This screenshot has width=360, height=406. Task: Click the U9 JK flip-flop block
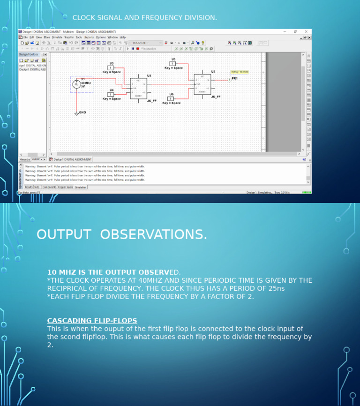pyautogui.click(x=202, y=84)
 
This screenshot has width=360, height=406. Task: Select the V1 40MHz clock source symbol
pyautogui.click(x=76, y=84)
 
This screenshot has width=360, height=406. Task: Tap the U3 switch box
pyautogui.click(x=111, y=68)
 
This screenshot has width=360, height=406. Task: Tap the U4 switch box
pyautogui.click(x=111, y=94)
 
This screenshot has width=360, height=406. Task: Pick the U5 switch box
pyautogui.click(x=172, y=63)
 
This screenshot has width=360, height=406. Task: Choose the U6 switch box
pyautogui.click(x=171, y=98)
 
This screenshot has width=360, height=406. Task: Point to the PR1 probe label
pyautogui.click(x=234, y=78)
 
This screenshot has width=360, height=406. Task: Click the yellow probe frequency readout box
pyautogui.click(x=240, y=72)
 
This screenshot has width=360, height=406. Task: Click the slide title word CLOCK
pyautogui.click(x=84, y=18)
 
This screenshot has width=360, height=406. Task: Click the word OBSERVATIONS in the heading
pyautogui.click(x=153, y=234)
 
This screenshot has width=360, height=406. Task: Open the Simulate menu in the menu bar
pyautogui.click(x=56, y=37)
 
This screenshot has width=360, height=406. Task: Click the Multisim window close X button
pyautogui.click(x=306, y=31)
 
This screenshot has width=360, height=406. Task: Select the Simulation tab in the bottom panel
pyautogui.click(x=81, y=187)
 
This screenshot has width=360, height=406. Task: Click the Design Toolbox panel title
pyautogui.click(x=29, y=54)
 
